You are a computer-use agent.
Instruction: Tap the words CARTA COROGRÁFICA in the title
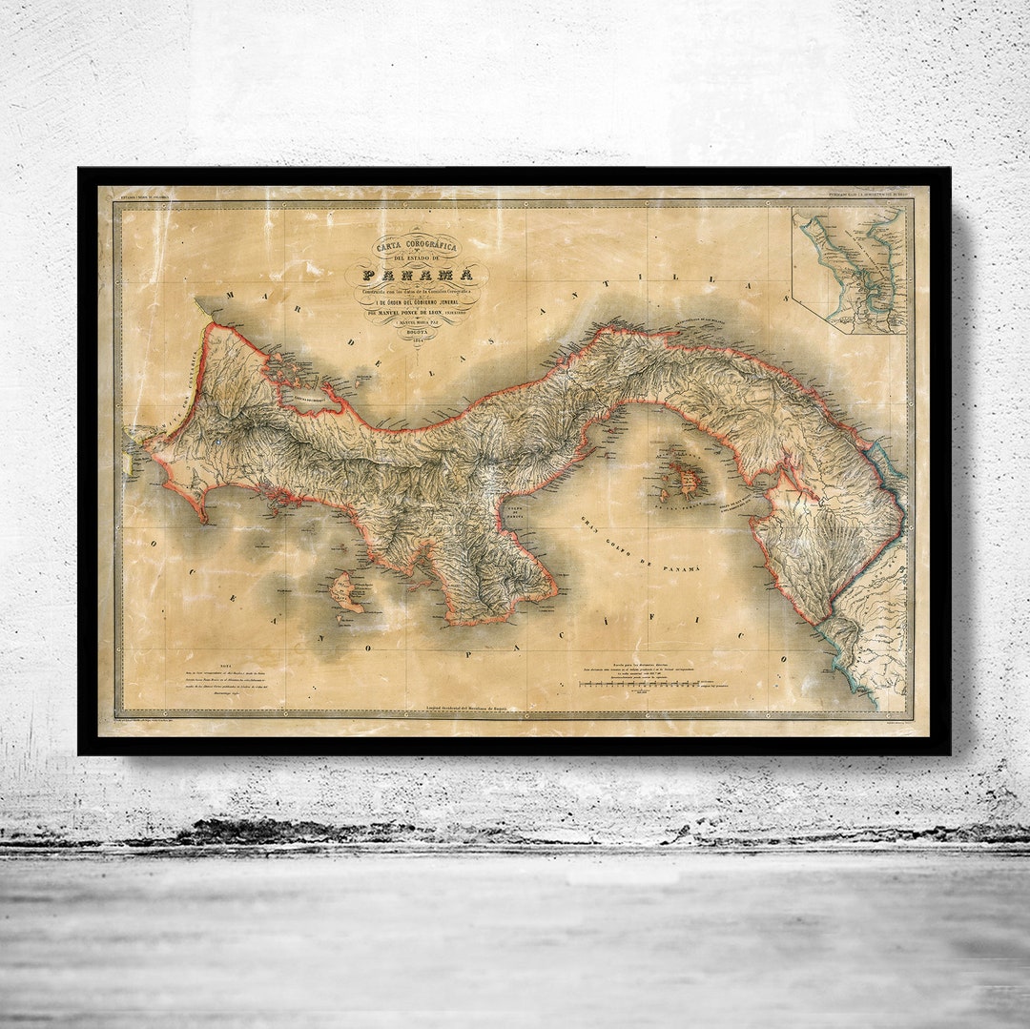[x=416, y=246]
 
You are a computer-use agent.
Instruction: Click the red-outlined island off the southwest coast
[x=346, y=592]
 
